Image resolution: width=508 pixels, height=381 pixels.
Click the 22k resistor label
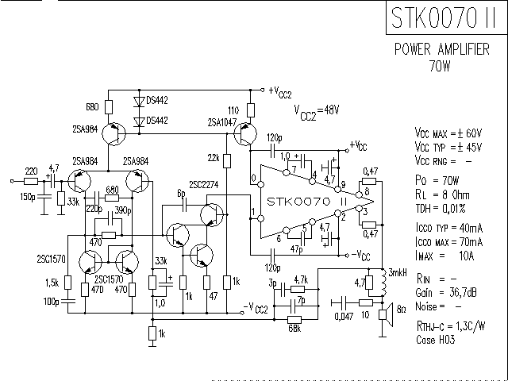click(214, 157)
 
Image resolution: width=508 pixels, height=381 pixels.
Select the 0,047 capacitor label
click(342, 316)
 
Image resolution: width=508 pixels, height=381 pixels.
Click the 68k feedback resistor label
click(294, 328)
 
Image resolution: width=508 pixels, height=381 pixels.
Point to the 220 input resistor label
click(31, 171)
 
